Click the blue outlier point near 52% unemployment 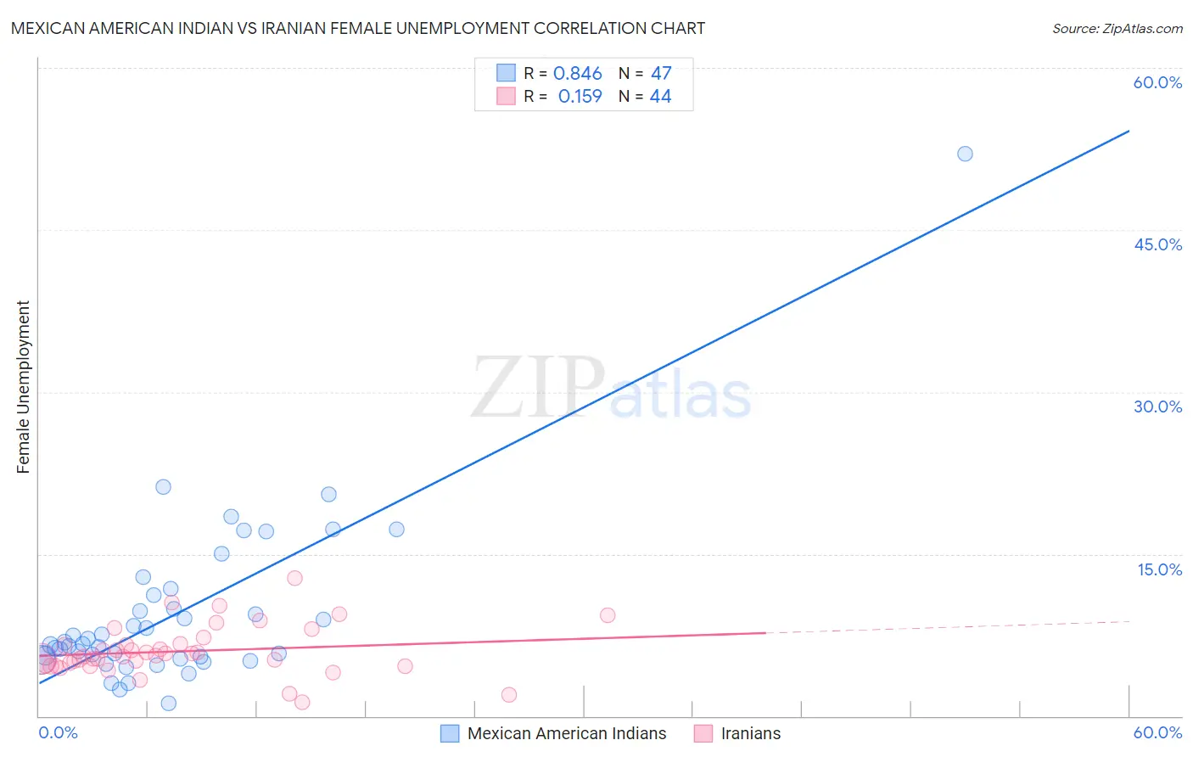(x=965, y=154)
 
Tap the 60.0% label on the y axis (x=1157, y=82)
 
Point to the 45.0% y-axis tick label (x=1157, y=244)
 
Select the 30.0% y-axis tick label (x=1157, y=407)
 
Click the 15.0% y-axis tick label (x=1159, y=569)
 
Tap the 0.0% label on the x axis (x=58, y=732)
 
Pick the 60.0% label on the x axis (x=1157, y=732)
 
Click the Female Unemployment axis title (x=23, y=387)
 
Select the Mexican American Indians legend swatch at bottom (x=450, y=733)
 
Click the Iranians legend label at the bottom (x=750, y=733)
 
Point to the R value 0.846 (x=577, y=74)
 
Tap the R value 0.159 (x=580, y=97)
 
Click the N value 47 (x=661, y=74)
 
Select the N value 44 (x=660, y=97)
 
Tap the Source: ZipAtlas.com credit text (x=1117, y=28)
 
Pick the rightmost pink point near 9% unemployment (x=608, y=615)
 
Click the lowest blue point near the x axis (x=169, y=703)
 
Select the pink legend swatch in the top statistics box (x=506, y=96)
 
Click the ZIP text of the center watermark (x=538, y=389)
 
